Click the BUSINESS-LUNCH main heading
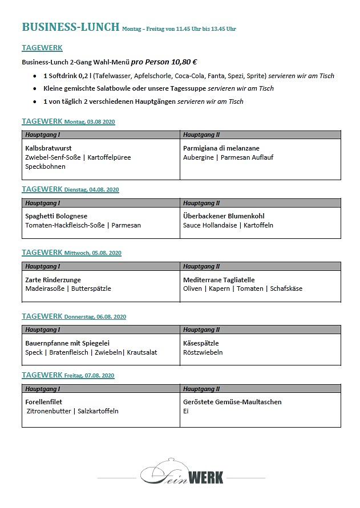(x=71, y=27)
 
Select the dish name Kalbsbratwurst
(x=48, y=148)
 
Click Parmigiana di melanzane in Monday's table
(x=221, y=148)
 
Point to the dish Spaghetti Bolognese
(x=56, y=216)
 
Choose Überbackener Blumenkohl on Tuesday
(x=224, y=216)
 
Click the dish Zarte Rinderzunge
(x=53, y=280)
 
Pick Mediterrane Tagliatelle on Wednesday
(x=219, y=280)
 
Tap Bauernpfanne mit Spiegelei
(x=67, y=343)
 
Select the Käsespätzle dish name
(x=201, y=343)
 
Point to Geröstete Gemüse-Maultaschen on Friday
(x=232, y=402)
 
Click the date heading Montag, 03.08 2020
(x=90, y=122)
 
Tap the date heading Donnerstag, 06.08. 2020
(x=95, y=317)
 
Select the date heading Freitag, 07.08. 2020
(x=90, y=376)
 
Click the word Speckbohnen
(x=46, y=166)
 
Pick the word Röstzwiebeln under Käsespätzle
(x=203, y=352)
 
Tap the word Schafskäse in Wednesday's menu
(x=286, y=288)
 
